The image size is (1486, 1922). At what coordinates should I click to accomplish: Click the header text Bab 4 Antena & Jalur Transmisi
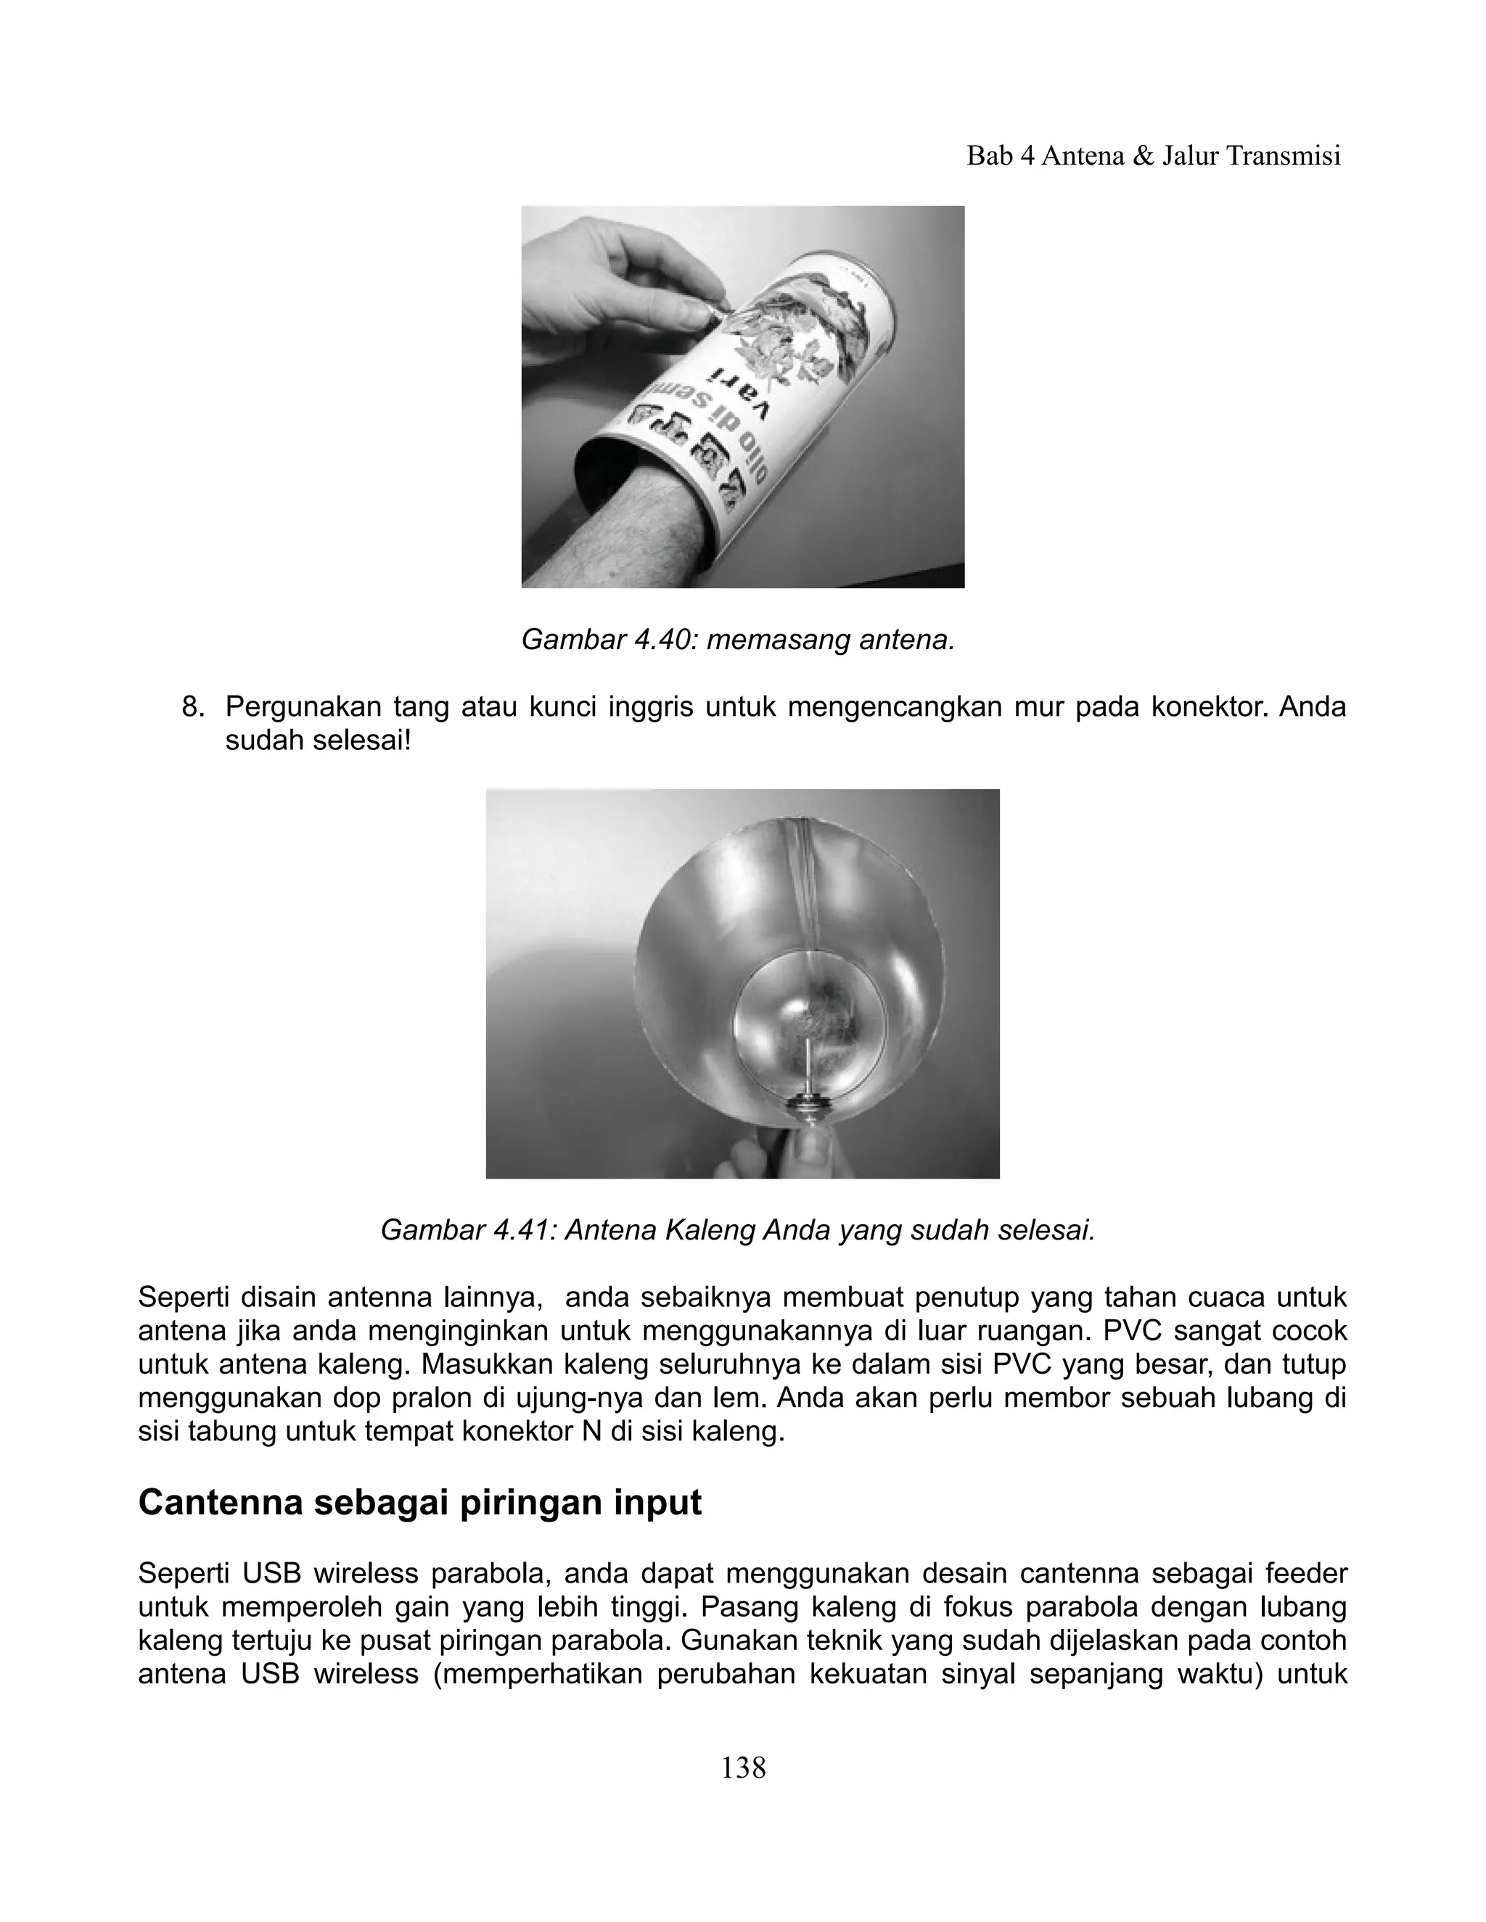pos(1153,156)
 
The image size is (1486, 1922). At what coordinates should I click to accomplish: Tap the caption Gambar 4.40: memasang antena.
pos(738,640)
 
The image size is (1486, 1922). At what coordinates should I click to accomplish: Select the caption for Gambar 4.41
pos(738,1229)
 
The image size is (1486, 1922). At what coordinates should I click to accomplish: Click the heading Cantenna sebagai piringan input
pos(420,1502)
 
